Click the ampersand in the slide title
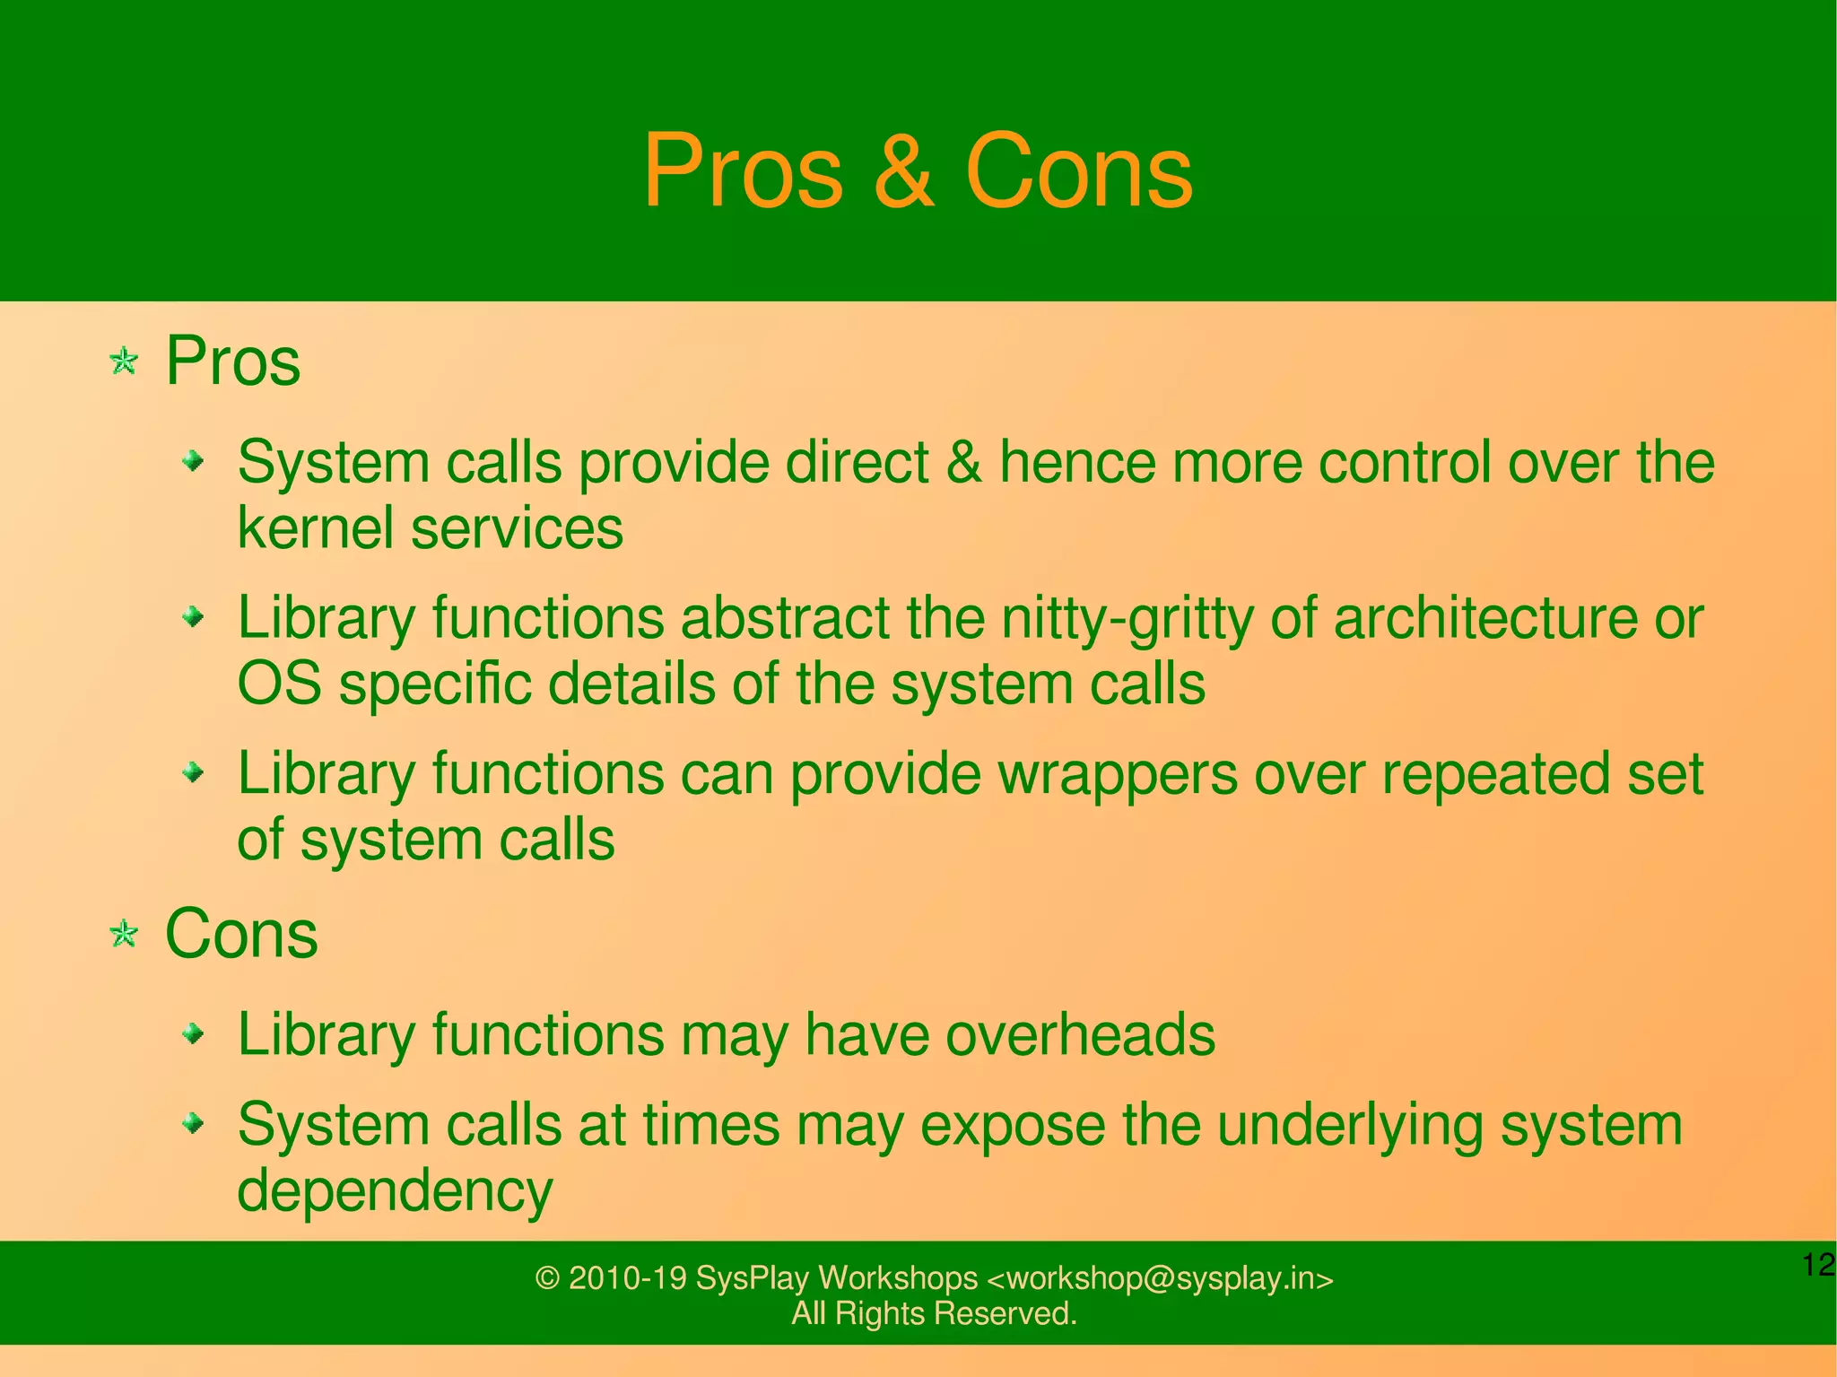(x=904, y=171)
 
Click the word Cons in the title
(x=1079, y=171)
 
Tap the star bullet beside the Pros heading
(x=124, y=362)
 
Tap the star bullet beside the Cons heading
(x=124, y=935)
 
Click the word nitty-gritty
(x=1126, y=619)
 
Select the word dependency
(x=395, y=1191)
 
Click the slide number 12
(x=1817, y=1265)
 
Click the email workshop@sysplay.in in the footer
(x=1160, y=1278)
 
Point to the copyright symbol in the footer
(x=547, y=1278)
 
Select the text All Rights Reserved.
(x=934, y=1313)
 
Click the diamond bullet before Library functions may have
(x=193, y=1035)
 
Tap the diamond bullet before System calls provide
(x=193, y=462)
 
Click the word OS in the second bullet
(x=279, y=684)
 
